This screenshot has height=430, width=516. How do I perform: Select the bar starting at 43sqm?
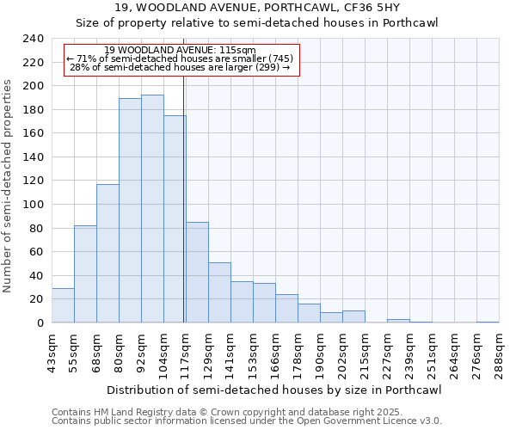(x=63, y=305)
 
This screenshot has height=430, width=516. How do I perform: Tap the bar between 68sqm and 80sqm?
(x=107, y=254)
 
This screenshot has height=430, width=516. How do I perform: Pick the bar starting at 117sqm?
(x=197, y=273)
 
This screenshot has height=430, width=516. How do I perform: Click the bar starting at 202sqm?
(x=353, y=316)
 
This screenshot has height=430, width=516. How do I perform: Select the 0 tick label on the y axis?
(x=40, y=322)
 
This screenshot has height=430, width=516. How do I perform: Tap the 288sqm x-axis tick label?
(x=499, y=353)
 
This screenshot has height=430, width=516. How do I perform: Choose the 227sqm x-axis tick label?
(x=387, y=353)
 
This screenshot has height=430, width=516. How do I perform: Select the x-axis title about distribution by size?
(x=275, y=390)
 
